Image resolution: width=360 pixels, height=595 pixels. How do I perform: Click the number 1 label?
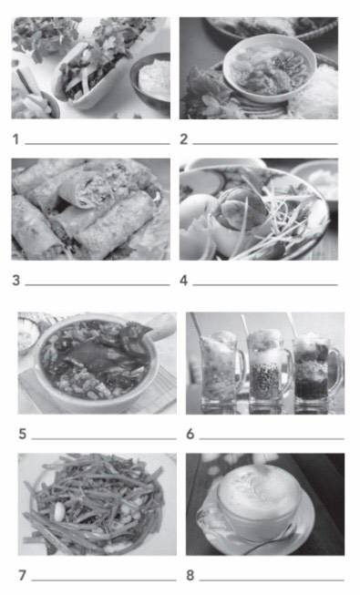point(15,139)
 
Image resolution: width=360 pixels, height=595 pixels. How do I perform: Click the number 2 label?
point(183,139)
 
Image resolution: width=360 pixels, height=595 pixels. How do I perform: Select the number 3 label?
point(15,281)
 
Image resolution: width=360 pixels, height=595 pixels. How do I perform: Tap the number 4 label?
point(183,281)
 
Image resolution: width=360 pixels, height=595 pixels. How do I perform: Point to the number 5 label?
point(23,434)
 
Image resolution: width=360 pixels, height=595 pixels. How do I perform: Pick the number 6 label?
point(190,434)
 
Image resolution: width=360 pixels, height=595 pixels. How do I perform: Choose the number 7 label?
point(23,575)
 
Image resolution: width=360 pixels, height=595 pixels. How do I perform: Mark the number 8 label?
point(190,575)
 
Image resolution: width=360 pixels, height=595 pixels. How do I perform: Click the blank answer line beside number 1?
point(97,144)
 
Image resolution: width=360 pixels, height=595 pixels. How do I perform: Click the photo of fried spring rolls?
point(90,210)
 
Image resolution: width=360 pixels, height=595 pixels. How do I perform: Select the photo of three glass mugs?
point(265,363)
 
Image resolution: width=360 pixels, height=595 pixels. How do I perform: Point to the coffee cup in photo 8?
point(260,501)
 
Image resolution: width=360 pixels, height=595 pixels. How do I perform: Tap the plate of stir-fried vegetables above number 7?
point(97,505)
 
